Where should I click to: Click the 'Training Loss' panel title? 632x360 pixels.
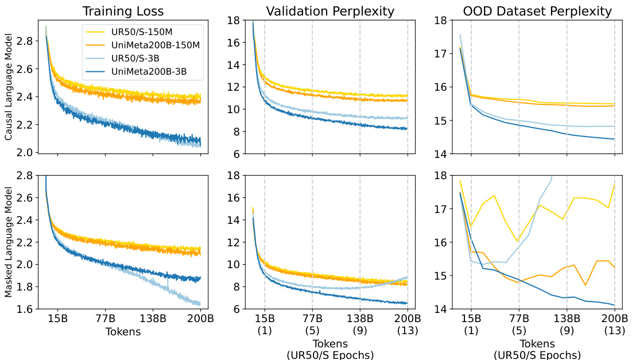[123, 11]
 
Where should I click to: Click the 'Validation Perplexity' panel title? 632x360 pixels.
[330, 11]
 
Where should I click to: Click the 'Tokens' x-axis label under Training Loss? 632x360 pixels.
[123, 331]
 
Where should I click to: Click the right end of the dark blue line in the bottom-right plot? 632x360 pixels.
[614, 305]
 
